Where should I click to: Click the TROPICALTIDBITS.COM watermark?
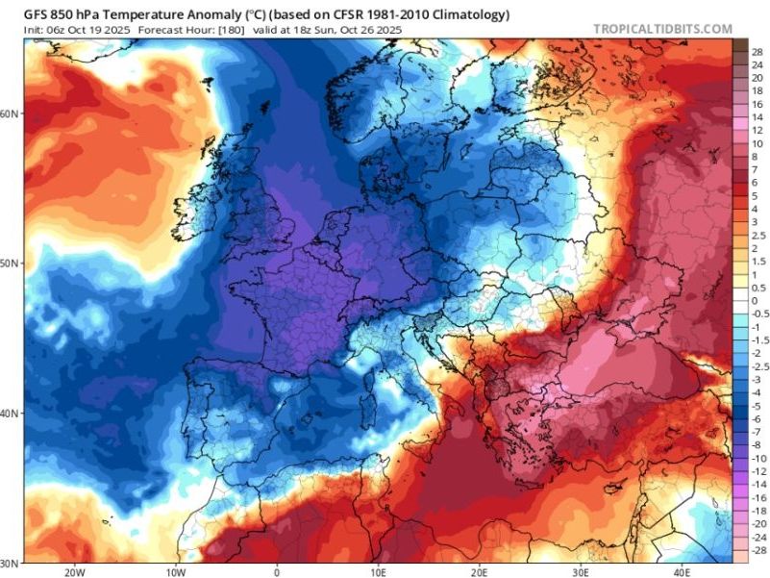(x=662, y=29)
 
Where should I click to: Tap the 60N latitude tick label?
(x=11, y=113)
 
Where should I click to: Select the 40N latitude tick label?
(x=11, y=414)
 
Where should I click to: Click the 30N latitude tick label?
(x=11, y=563)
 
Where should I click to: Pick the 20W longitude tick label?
(x=73, y=571)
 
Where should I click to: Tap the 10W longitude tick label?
(x=176, y=571)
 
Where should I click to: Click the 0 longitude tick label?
(x=278, y=571)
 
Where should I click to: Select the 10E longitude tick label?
(x=379, y=571)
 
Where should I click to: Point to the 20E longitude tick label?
(x=481, y=571)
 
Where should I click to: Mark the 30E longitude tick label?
(x=583, y=571)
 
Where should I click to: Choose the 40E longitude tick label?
(x=684, y=571)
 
